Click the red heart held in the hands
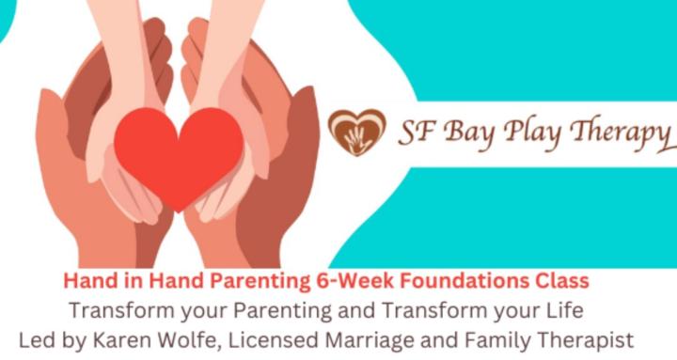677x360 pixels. tap(179, 155)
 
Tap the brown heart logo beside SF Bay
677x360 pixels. tap(356, 132)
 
